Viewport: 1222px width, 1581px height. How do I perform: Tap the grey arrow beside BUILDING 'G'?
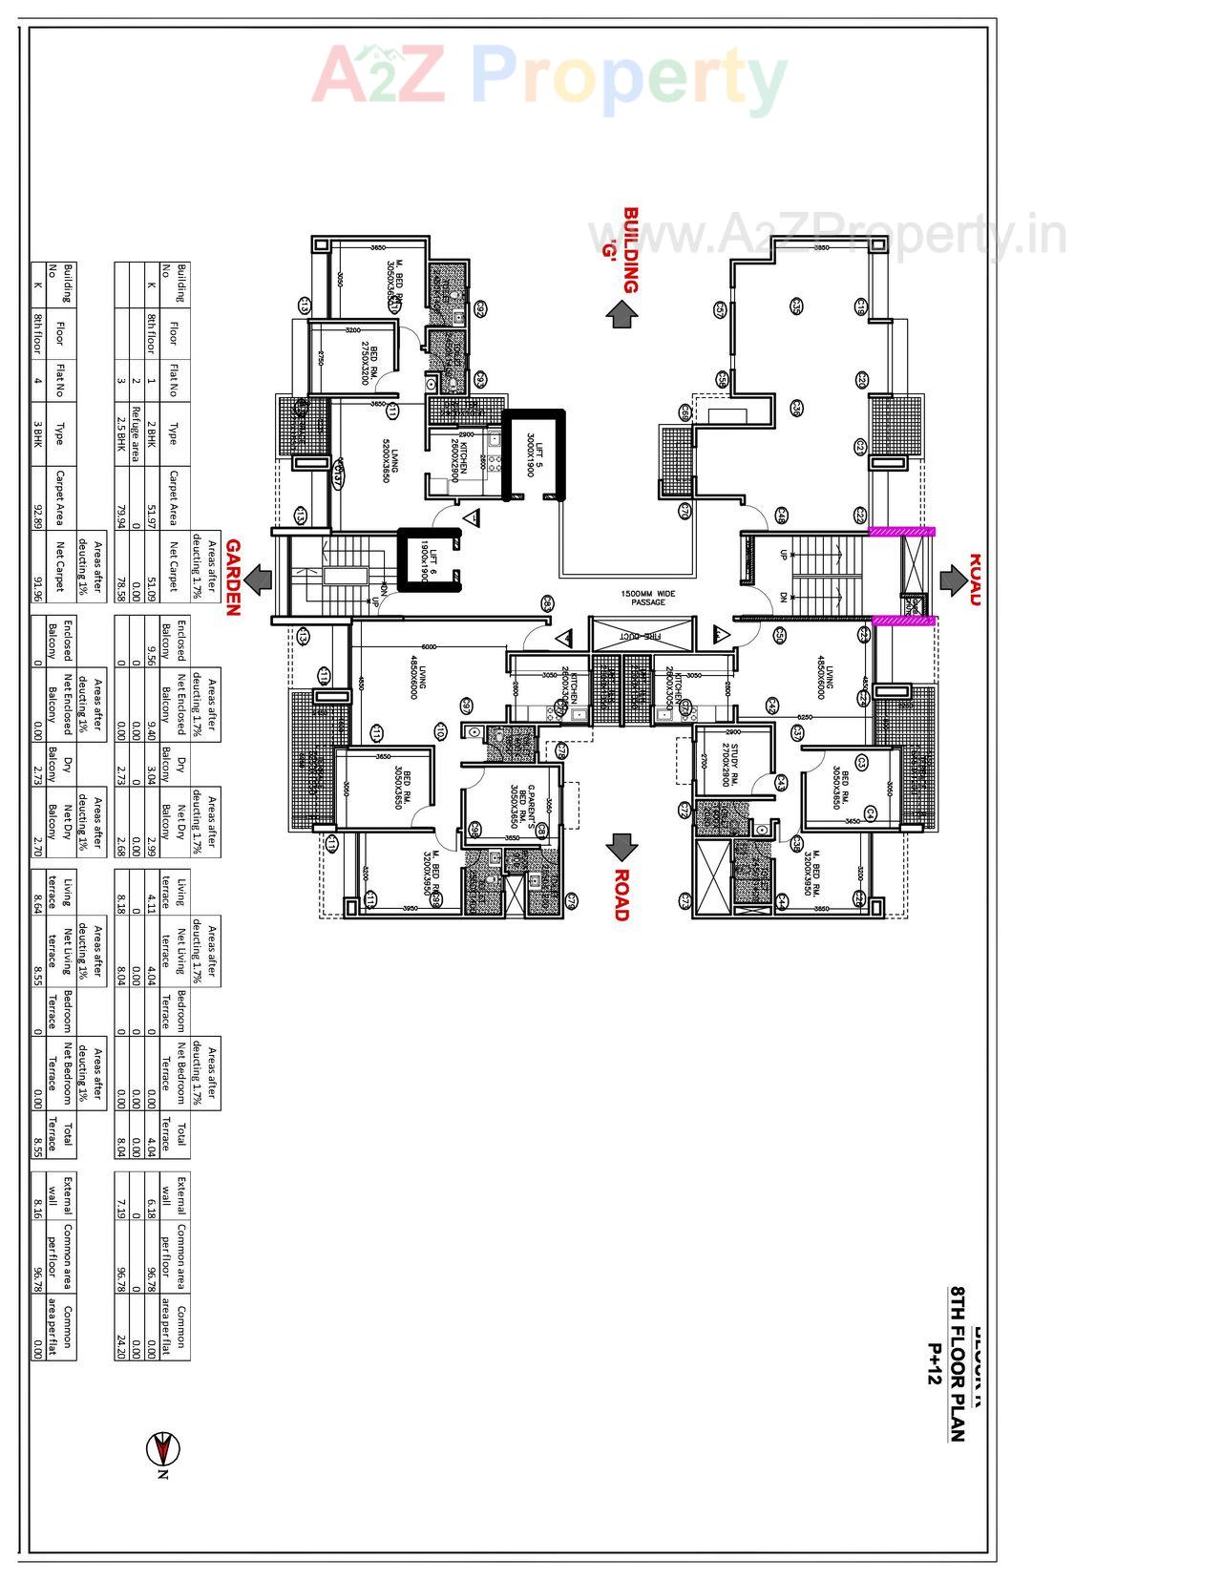pyautogui.click(x=622, y=314)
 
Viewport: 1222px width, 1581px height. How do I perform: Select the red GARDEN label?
pyautogui.click(x=233, y=579)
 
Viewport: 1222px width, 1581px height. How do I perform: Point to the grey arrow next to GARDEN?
pyautogui.click(x=257, y=579)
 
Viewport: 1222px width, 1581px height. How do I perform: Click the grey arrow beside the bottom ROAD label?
pyautogui.click(x=622, y=846)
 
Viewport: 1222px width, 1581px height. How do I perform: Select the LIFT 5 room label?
pyautogui.click(x=531, y=455)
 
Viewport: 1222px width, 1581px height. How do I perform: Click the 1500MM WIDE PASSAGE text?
pyautogui.click(x=647, y=598)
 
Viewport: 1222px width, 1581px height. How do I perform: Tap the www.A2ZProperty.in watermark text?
pyautogui.click(x=827, y=233)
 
